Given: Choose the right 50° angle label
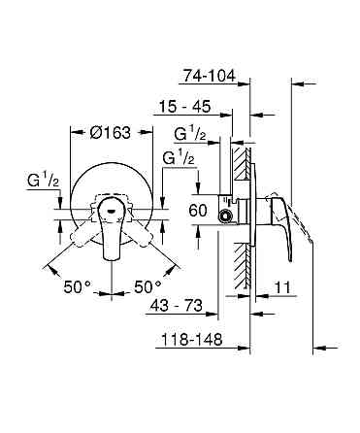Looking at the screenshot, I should [147, 287].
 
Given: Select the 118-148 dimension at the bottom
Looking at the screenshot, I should [189, 341].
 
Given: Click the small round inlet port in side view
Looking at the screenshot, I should [226, 216].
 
